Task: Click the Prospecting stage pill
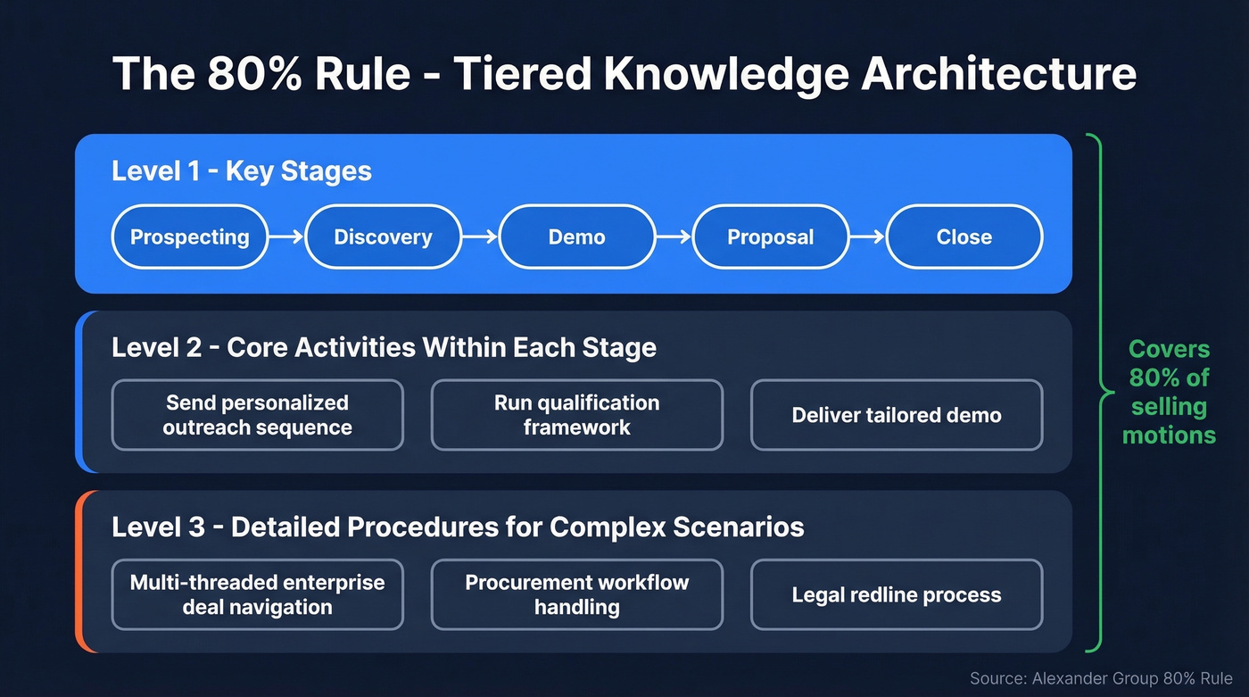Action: coord(189,237)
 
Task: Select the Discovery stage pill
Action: coord(383,237)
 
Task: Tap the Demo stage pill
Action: coord(576,237)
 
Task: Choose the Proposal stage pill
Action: coord(770,237)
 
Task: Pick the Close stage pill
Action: coord(964,237)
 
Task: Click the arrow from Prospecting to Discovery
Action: coord(286,237)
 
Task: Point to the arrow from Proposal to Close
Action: coord(866,237)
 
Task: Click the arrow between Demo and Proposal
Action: coord(674,237)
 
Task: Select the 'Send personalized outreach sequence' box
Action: coord(257,415)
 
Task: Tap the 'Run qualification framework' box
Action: coord(576,415)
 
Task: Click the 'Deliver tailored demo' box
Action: coord(896,415)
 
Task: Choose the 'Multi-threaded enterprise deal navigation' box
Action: coord(257,594)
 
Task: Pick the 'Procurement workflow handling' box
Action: coord(576,594)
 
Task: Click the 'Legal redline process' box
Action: coord(896,594)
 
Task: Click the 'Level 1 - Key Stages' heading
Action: coord(241,170)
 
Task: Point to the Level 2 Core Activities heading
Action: coord(384,347)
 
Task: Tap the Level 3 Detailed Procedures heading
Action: coord(458,527)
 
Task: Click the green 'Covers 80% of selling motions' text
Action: coord(1169,392)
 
